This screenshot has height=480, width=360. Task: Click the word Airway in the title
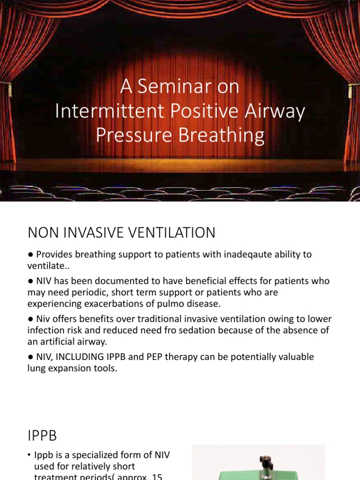tap(278, 111)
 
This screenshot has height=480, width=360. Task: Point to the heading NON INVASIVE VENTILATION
tap(121, 232)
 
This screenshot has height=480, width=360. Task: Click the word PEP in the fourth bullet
tap(147, 357)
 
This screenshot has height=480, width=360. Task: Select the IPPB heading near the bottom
tap(42, 436)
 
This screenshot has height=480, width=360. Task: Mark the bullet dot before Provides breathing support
tap(30, 255)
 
